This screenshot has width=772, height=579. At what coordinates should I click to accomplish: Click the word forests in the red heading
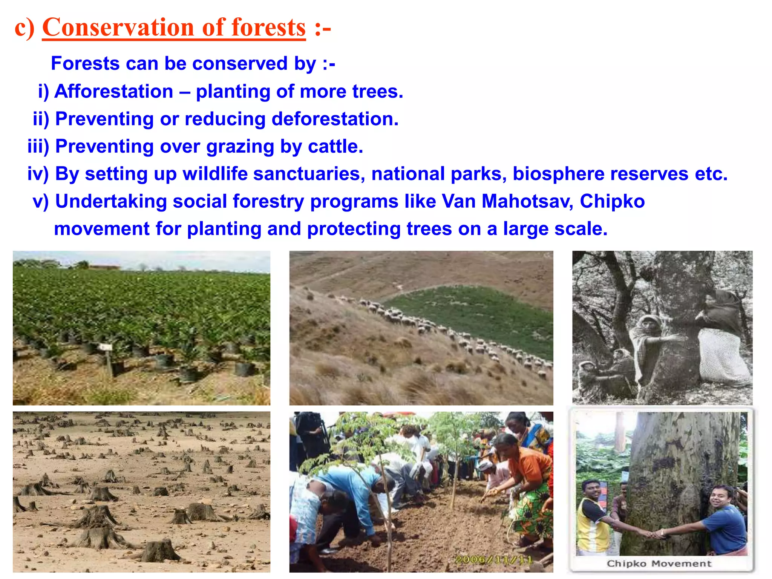pyautogui.click(x=268, y=28)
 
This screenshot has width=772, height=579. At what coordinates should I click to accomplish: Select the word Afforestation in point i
pyautogui.click(x=114, y=92)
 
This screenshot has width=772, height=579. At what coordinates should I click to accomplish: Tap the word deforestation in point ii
pyautogui.click(x=335, y=119)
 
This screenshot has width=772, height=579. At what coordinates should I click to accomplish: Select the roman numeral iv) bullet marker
pyautogui.click(x=38, y=174)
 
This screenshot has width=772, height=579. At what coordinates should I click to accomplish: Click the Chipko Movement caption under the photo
pyautogui.click(x=659, y=564)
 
